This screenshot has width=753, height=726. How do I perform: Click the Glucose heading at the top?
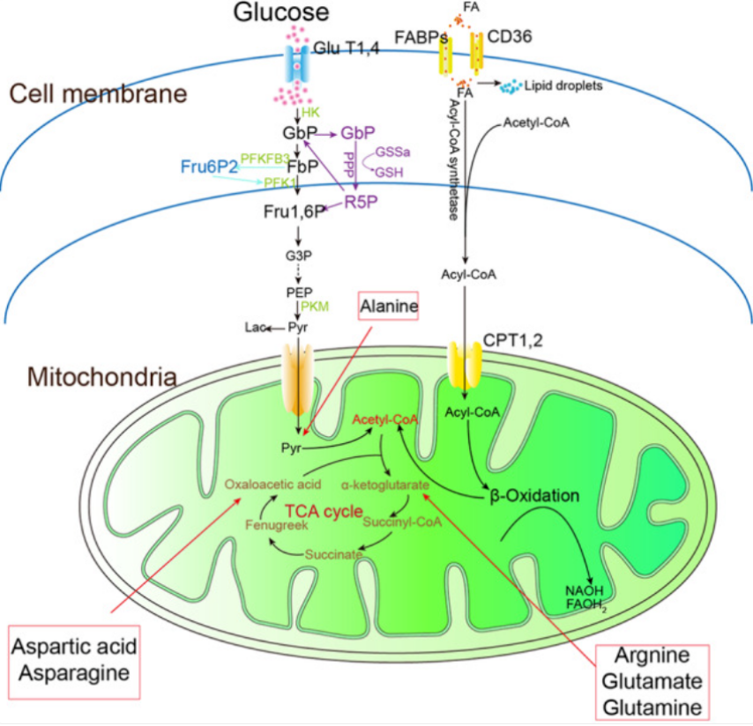(281, 12)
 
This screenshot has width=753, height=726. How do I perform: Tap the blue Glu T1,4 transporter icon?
(297, 63)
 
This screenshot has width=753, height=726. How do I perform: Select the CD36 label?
(510, 36)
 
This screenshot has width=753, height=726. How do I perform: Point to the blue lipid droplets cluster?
(511, 86)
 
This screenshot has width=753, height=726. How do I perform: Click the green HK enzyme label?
(310, 113)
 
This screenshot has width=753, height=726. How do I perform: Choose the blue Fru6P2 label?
(209, 167)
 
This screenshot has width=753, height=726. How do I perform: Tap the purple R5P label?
(362, 202)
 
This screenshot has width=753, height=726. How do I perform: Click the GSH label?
(389, 173)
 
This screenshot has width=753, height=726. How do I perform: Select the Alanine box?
(389, 306)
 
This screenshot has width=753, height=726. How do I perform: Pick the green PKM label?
(315, 306)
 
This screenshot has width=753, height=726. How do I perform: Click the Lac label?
(256, 327)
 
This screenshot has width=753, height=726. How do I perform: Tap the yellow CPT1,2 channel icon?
(465, 365)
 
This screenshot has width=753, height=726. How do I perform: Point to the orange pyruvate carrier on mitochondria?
(298, 379)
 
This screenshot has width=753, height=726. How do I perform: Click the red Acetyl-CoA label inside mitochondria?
(384, 419)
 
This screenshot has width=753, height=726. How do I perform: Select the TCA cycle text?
(324, 512)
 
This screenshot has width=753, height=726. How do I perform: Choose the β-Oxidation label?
(534, 495)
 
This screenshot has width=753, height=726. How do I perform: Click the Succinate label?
(333, 555)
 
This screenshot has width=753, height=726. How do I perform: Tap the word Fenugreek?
(277, 525)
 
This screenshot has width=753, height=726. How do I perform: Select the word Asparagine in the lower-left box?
(74, 673)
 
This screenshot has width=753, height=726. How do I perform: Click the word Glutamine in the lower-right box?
(652, 707)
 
